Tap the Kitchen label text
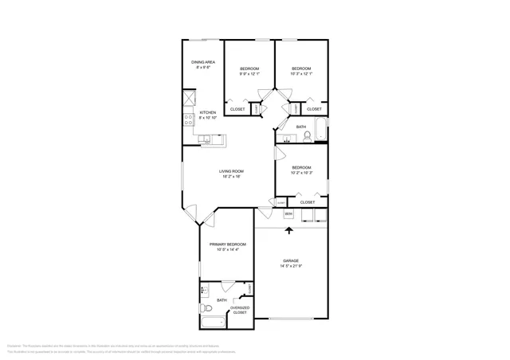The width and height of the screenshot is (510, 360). pyautogui.click(x=208, y=112)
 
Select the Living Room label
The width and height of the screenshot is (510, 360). pyautogui.click(x=232, y=171)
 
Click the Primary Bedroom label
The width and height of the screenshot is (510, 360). pyautogui.click(x=226, y=245)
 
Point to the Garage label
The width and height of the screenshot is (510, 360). pyautogui.click(x=290, y=260)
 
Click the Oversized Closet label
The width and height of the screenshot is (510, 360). pyautogui.click(x=240, y=310)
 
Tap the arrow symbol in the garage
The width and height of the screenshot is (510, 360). pyautogui.click(x=288, y=231)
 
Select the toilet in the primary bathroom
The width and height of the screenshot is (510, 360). pyautogui.click(x=204, y=308)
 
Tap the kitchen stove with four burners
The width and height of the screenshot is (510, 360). pyautogui.click(x=189, y=120)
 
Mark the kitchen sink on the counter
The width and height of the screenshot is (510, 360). pyautogui.click(x=206, y=140)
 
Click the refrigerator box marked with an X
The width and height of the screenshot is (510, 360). pyautogui.click(x=189, y=99)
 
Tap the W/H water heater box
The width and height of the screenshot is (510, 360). pyautogui.click(x=288, y=213)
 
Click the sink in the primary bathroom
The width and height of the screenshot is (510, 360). pyautogui.click(x=204, y=291)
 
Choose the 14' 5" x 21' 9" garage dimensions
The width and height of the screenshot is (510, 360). pyautogui.click(x=290, y=266)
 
